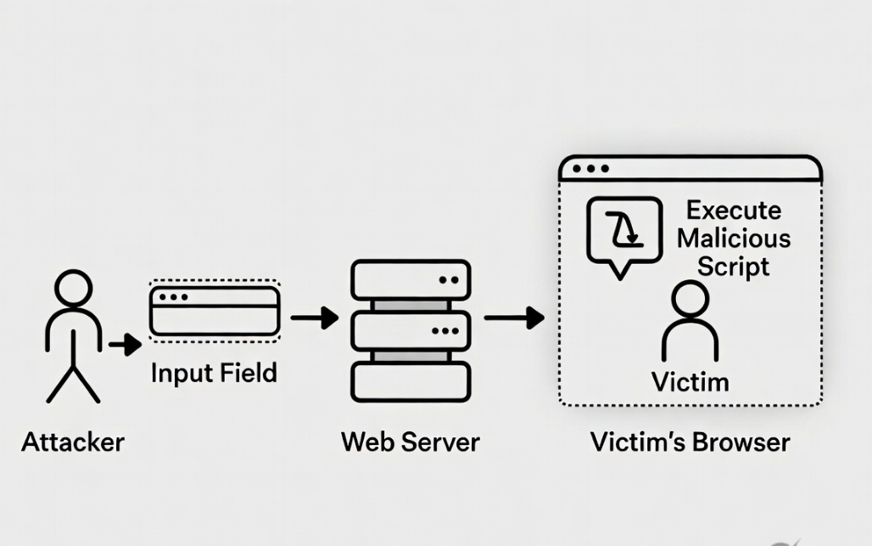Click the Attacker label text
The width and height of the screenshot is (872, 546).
73,442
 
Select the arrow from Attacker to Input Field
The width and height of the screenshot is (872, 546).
125,345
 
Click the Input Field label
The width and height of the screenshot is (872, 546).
214,373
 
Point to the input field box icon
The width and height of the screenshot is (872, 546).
215,312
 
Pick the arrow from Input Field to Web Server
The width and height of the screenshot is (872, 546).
314,318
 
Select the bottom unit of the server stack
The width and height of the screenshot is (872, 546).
410,382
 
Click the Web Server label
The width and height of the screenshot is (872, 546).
410,442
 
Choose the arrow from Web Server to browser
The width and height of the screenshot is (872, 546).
514,318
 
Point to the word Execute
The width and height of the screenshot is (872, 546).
734,210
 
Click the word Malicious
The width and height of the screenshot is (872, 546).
734,238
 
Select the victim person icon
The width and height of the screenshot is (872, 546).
690,323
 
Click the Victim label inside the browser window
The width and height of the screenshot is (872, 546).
690,381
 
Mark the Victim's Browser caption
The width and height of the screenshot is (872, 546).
690,442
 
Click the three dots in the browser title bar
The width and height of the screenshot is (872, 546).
590,168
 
